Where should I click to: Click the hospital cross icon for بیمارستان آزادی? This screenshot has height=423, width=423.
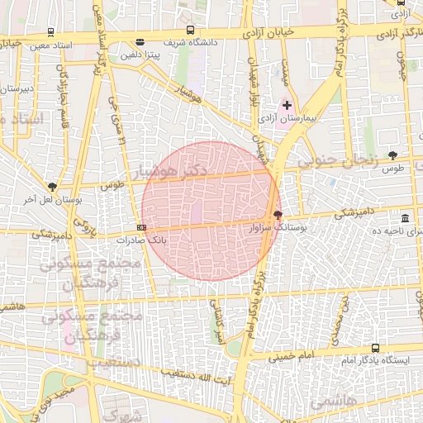(288, 105)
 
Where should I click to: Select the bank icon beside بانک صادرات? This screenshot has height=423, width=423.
(142, 227)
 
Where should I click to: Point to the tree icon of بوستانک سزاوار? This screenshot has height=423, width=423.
(277, 214)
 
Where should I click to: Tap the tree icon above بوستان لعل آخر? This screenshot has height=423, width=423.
(53, 188)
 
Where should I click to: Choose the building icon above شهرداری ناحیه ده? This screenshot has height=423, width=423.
(405, 218)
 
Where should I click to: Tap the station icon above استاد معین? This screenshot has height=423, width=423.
(51, 32)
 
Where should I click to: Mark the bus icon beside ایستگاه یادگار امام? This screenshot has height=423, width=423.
(376, 349)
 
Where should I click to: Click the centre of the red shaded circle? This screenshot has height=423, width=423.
(211, 211)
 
